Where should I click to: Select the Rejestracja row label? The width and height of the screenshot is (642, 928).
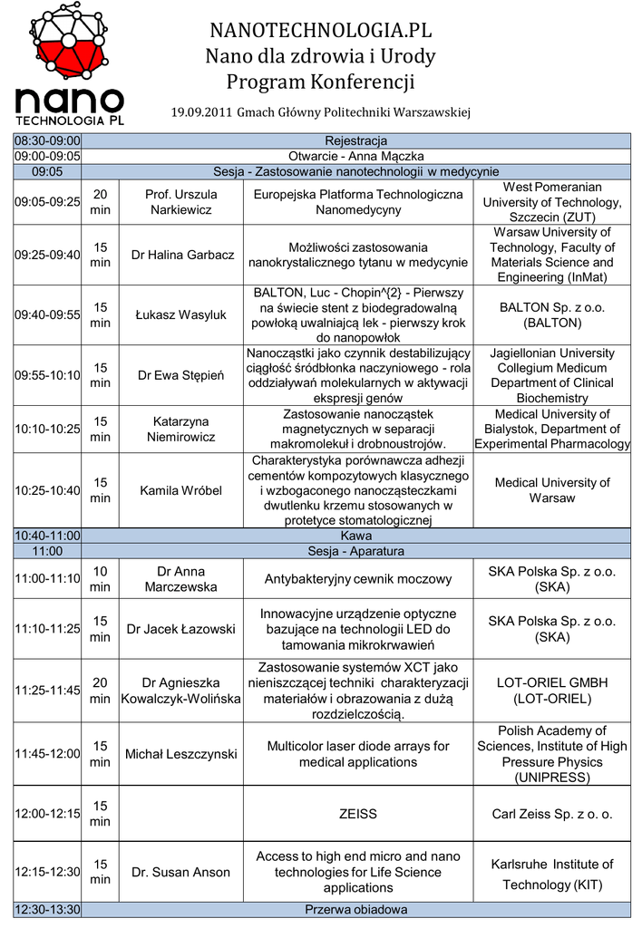pyautogui.click(x=355, y=140)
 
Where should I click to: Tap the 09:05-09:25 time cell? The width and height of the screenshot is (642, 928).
pyautogui.click(x=47, y=202)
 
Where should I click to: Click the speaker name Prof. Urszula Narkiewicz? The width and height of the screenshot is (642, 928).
pyautogui.click(x=181, y=202)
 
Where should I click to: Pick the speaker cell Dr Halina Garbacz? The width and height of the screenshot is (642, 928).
pyautogui.click(x=181, y=255)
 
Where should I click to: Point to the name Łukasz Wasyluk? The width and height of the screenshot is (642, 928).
pyautogui.click(x=181, y=315)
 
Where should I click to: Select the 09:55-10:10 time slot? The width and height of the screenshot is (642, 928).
pyautogui.click(x=47, y=375)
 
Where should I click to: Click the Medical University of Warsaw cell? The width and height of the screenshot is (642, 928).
pyautogui.click(x=552, y=490)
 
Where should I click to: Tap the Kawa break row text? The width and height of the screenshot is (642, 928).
pyautogui.click(x=355, y=536)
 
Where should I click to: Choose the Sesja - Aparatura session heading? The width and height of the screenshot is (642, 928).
pyautogui.click(x=355, y=551)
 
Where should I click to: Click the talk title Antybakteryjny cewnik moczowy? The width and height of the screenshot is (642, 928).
pyautogui.click(x=357, y=579)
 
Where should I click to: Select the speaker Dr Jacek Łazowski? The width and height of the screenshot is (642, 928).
pyautogui.click(x=181, y=629)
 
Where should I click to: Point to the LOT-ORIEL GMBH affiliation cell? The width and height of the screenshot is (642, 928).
pyautogui.click(x=552, y=691)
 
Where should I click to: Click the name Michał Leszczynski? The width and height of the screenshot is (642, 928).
pyautogui.click(x=181, y=754)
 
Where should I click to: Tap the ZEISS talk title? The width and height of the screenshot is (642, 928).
pyautogui.click(x=357, y=814)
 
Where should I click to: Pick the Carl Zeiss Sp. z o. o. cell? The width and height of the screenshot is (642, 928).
pyautogui.click(x=552, y=814)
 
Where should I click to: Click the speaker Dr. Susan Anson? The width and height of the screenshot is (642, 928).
pyautogui.click(x=181, y=872)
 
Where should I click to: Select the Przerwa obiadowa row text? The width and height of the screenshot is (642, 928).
pyautogui.click(x=355, y=910)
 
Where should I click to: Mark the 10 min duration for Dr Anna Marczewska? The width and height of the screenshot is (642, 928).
pyautogui.click(x=100, y=579)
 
